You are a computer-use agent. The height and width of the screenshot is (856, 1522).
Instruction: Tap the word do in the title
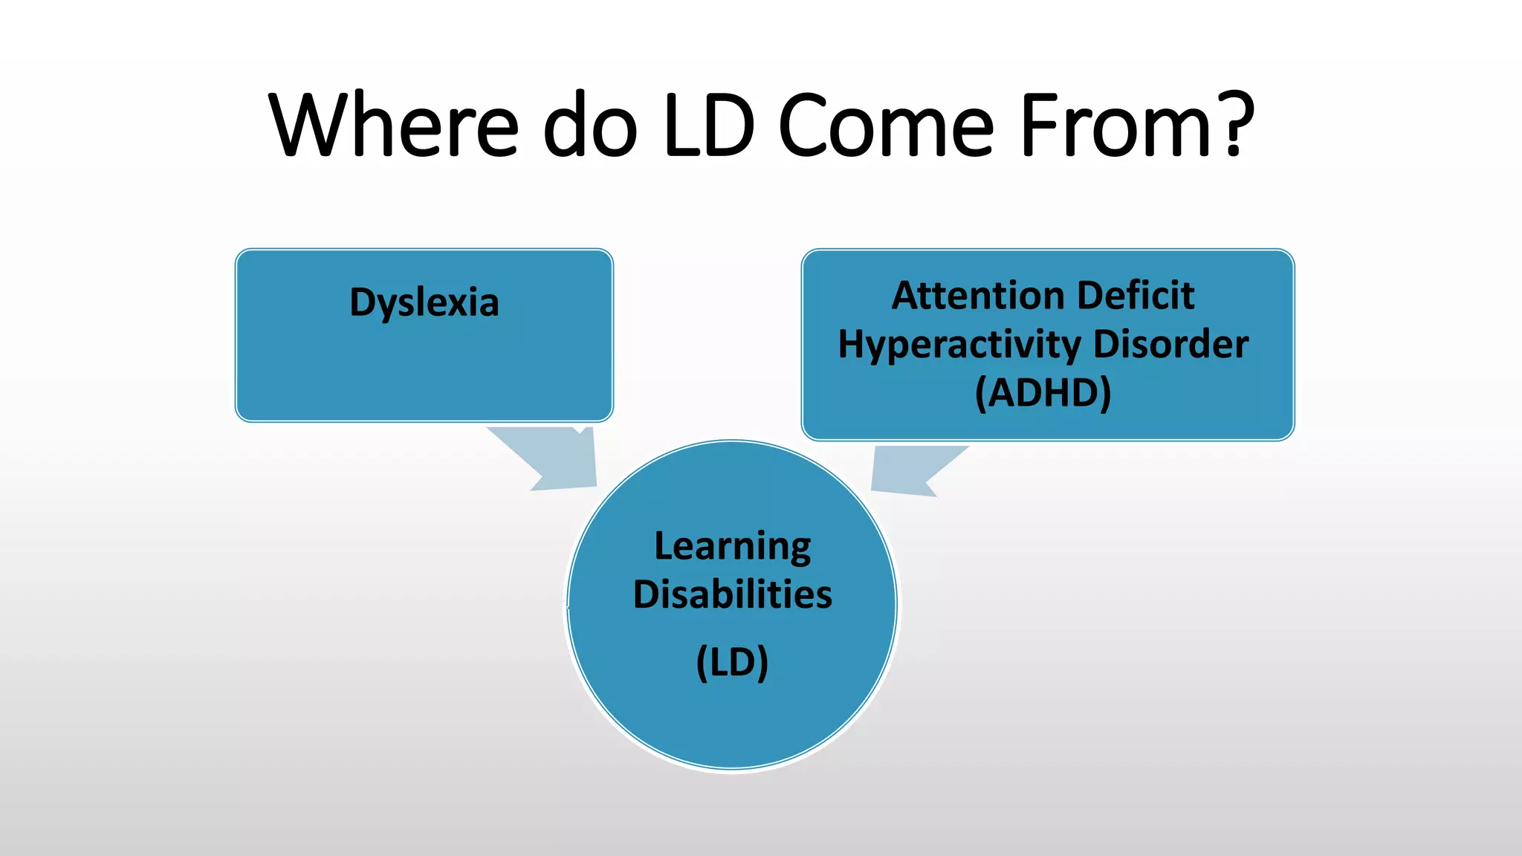click(591, 125)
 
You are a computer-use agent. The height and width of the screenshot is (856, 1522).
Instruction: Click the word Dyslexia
click(424, 303)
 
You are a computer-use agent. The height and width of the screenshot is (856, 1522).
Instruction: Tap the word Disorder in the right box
click(1171, 344)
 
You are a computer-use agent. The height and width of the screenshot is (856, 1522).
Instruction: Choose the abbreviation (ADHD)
click(1043, 393)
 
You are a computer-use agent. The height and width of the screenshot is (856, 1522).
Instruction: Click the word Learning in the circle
click(733, 548)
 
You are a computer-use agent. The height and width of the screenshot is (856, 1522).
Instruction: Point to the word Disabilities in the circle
click(733, 594)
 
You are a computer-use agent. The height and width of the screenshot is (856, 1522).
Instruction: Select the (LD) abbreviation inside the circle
click(732, 662)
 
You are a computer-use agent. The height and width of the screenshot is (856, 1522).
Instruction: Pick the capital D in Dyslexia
click(363, 302)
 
